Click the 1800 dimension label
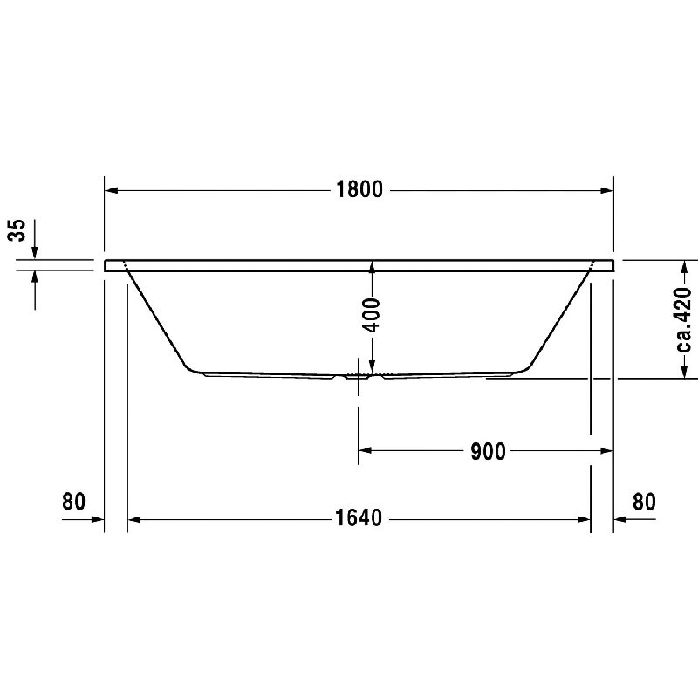(x=359, y=189)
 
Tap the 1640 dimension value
(x=359, y=517)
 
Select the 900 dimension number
(x=488, y=452)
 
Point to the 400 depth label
(x=372, y=316)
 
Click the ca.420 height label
(x=684, y=319)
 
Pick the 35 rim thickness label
(x=17, y=230)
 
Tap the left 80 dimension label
(x=73, y=501)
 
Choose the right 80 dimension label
(x=644, y=502)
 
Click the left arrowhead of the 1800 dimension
(x=112, y=190)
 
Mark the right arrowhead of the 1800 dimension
(x=606, y=190)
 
